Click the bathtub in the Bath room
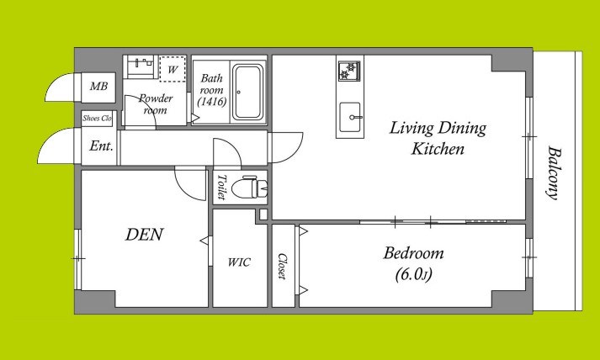pyautogui.click(x=249, y=92)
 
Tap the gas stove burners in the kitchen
pyautogui.click(x=349, y=71)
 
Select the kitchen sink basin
pyautogui.click(x=350, y=117)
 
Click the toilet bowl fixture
pyautogui.click(x=253, y=187)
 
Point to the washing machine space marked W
pyautogui.click(x=173, y=69)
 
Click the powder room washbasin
pyautogui.click(x=140, y=66)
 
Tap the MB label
pyautogui.click(x=98, y=87)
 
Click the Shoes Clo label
pyautogui.click(x=97, y=119)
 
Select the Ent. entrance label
pyautogui.click(x=101, y=146)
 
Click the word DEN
pyautogui.click(x=144, y=234)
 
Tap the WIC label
pyautogui.click(x=239, y=262)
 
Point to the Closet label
pyautogui.click(x=283, y=267)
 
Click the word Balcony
pyautogui.click(x=552, y=173)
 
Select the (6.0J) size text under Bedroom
pyautogui.click(x=414, y=274)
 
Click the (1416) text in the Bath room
pyautogui.click(x=211, y=102)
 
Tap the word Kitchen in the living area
pyautogui.click(x=438, y=149)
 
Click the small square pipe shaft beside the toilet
pyautogui.click(x=263, y=214)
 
